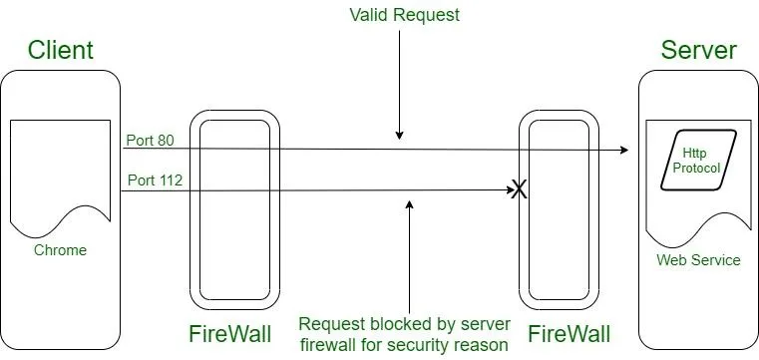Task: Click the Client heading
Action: (x=61, y=50)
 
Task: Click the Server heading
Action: (x=699, y=50)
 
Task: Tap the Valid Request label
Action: (x=404, y=15)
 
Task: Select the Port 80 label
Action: (x=150, y=141)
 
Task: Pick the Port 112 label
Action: (x=155, y=180)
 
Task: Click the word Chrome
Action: (x=60, y=250)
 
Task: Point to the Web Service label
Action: (x=698, y=260)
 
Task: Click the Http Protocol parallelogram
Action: (x=698, y=160)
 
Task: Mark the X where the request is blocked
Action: (x=520, y=189)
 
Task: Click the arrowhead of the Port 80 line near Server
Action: (x=624, y=150)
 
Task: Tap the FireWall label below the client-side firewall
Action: (x=230, y=334)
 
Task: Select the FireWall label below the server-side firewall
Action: (x=569, y=334)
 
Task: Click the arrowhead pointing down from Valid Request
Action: (x=399, y=135)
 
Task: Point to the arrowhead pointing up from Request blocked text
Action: (x=410, y=205)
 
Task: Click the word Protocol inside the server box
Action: (x=697, y=168)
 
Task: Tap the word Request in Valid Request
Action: (x=426, y=16)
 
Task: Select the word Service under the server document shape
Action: (x=716, y=260)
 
